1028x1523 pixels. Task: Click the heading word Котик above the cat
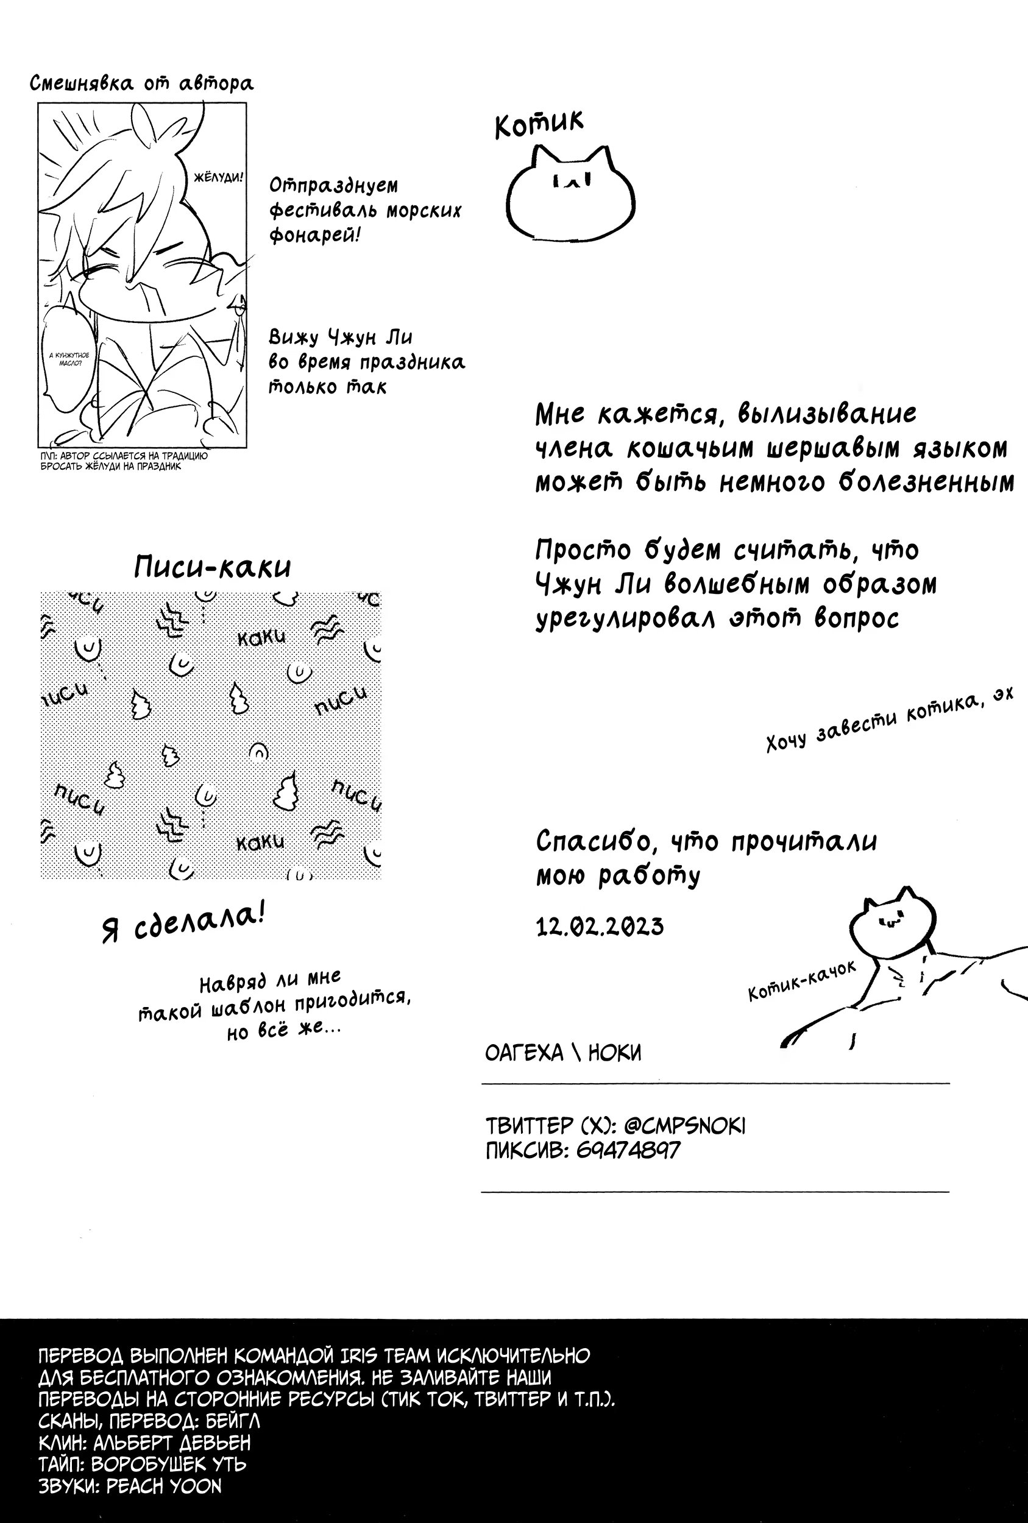pyautogui.click(x=538, y=123)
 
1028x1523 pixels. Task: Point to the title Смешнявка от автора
pyautogui.click(x=141, y=84)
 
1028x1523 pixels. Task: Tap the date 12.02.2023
pyautogui.click(x=599, y=927)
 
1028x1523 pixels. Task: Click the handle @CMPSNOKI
pyautogui.click(x=684, y=1126)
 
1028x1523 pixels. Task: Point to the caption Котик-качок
pyautogui.click(x=802, y=981)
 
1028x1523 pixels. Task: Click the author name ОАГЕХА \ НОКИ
pyautogui.click(x=562, y=1053)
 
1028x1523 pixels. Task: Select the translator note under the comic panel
pyautogui.click(x=123, y=461)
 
